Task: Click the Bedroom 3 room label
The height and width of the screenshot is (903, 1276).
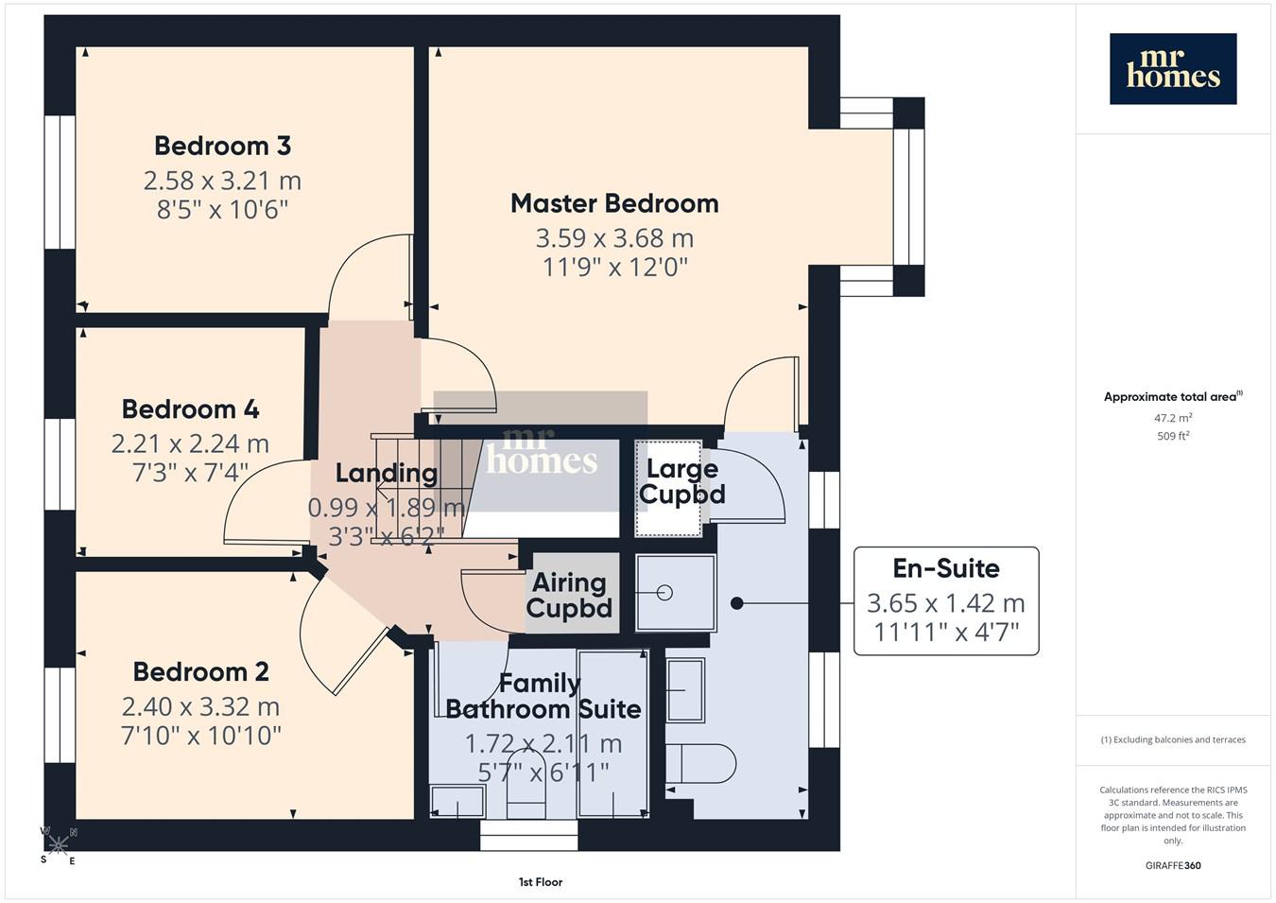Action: click(x=223, y=146)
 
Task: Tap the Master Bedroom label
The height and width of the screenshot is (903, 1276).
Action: click(x=614, y=203)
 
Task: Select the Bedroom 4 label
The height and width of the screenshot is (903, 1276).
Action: click(x=190, y=409)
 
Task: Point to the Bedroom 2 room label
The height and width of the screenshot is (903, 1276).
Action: click(x=200, y=671)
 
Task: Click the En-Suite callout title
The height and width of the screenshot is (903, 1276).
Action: click(x=946, y=568)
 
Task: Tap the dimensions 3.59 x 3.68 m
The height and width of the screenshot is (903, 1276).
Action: click(x=614, y=238)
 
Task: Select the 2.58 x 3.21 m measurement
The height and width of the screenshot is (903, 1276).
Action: click(x=222, y=181)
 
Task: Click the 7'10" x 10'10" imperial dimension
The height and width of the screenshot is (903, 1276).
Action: click(x=200, y=736)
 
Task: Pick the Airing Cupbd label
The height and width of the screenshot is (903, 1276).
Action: click(x=569, y=596)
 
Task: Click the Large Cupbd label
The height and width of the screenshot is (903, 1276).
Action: click(x=681, y=482)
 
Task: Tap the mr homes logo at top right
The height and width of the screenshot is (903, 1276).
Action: click(x=1173, y=69)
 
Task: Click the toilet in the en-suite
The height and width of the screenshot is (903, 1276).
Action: click(x=700, y=763)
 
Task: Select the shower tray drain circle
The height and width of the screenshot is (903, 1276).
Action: click(x=664, y=593)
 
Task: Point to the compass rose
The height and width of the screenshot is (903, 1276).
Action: click(x=58, y=845)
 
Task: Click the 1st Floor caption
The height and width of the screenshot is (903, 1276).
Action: click(x=541, y=882)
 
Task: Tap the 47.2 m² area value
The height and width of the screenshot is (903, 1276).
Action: click(x=1173, y=418)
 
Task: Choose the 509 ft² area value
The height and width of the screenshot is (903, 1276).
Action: click(x=1173, y=436)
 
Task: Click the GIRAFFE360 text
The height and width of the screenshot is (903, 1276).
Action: click(x=1173, y=865)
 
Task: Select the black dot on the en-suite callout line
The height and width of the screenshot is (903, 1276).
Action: click(x=736, y=602)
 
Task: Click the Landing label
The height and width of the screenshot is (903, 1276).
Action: click(x=387, y=473)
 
